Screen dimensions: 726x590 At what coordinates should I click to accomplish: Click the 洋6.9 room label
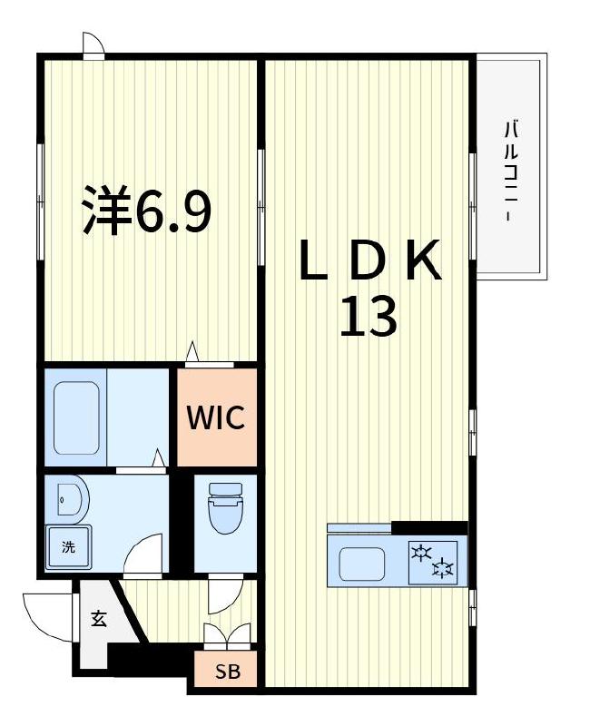click(147, 210)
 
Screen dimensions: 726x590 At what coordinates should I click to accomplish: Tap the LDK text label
click(369, 260)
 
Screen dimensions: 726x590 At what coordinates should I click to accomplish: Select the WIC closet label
click(216, 418)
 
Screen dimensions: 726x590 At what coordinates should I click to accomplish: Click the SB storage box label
click(225, 672)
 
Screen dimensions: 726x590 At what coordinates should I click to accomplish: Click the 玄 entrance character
click(98, 620)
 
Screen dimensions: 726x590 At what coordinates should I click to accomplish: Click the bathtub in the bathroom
click(76, 417)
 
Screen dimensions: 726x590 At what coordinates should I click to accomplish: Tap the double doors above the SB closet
click(225, 635)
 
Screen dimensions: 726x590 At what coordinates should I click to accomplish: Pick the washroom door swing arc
click(143, 554)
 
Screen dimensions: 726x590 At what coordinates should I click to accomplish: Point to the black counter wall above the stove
click(428, 527)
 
